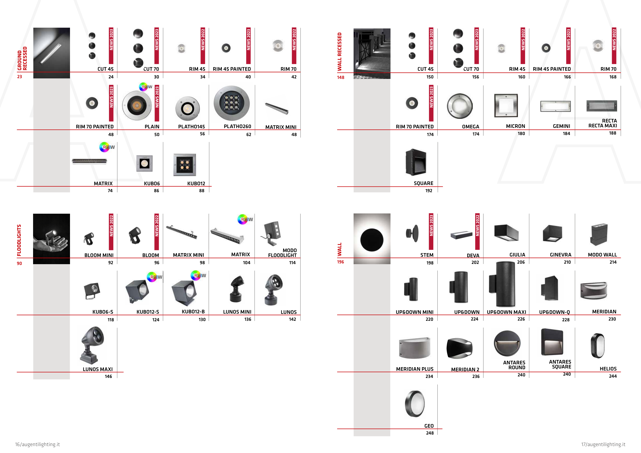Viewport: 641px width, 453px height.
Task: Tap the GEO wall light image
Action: pos(415,404)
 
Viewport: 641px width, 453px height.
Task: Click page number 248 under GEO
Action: pos(430,433)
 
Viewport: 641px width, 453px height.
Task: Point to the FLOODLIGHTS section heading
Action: pos(19,240)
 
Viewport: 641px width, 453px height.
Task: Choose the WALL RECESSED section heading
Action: pos(339,52)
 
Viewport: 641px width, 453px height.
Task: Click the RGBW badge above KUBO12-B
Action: pos(198,275)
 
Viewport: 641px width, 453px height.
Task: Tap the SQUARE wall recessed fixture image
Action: pos(416,162)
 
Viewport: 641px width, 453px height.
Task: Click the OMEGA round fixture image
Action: pos(459,106)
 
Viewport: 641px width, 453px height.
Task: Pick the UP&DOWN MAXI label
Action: pos(506,312)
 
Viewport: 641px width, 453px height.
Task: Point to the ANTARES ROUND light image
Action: pos(507,343)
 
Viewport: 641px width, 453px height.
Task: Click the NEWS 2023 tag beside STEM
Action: pos(431,232)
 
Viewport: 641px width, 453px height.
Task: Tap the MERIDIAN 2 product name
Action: pos(465,369)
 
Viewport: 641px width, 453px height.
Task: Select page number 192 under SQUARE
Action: pos(428,191)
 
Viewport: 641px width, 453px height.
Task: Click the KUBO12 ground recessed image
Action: pos(185,164)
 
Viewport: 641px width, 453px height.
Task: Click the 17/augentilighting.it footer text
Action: pos(603,444)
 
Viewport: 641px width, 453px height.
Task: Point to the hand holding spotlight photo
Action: pos(51,239)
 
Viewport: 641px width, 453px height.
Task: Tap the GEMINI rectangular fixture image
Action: pos(555,106)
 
